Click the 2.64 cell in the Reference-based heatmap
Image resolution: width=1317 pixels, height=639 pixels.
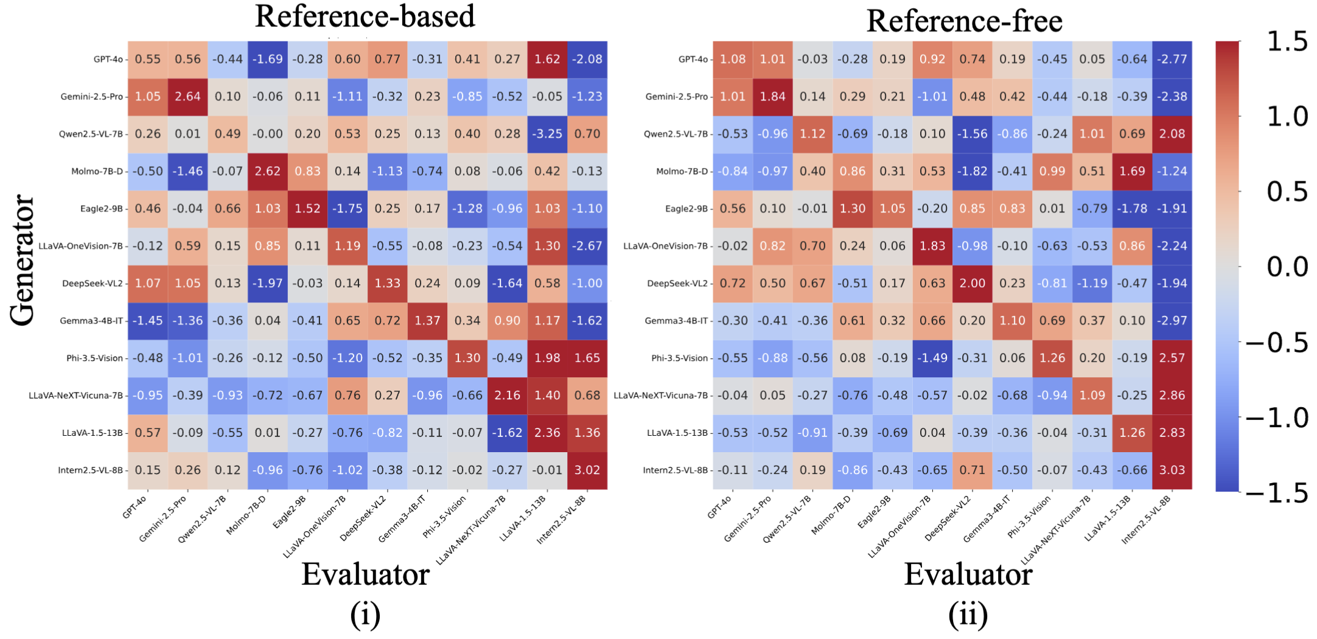pos(187,96)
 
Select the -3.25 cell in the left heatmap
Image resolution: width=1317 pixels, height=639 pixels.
pos(547,134)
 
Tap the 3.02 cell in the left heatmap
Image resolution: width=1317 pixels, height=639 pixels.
pos(587,470)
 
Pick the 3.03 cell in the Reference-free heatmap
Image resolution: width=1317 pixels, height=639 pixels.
pos(1172,470)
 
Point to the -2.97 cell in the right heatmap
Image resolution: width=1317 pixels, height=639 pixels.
pos(1172,321)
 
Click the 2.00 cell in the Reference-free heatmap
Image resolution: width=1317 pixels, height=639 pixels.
pos(972,283)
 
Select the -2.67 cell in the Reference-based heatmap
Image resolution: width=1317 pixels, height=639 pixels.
pos(587,246)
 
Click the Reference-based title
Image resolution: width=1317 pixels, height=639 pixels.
pos(365,16)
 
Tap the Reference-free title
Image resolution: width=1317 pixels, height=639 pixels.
pos(964,21)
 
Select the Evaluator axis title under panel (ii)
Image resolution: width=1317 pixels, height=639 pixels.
pos(968,574)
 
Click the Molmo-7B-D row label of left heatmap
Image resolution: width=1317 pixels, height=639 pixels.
pos(97,172)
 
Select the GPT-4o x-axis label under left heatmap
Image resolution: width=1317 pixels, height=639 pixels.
pos(134,507)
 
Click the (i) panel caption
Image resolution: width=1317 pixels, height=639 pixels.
pos(365,615)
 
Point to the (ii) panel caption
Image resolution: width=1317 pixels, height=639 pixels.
pos(968,615)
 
